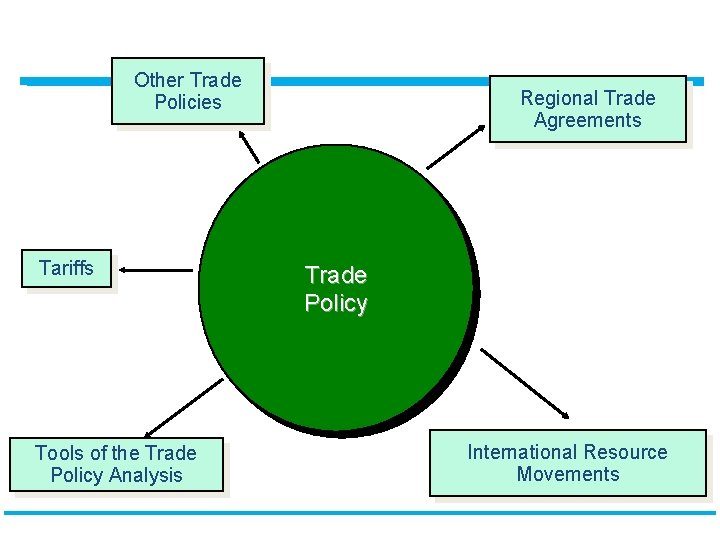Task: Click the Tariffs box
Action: (66, 269)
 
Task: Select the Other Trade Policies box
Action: (188, 91)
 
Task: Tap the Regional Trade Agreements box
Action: (588, 109)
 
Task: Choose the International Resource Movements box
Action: (567, 463)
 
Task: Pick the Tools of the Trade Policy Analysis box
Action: (116, 465)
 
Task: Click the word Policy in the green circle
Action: (336, 303)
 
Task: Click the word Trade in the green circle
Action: (336, 275)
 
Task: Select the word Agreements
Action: (588, 120)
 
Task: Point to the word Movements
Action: (568, 474)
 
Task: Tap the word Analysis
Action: (147, 475)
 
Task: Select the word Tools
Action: (59, 453)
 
